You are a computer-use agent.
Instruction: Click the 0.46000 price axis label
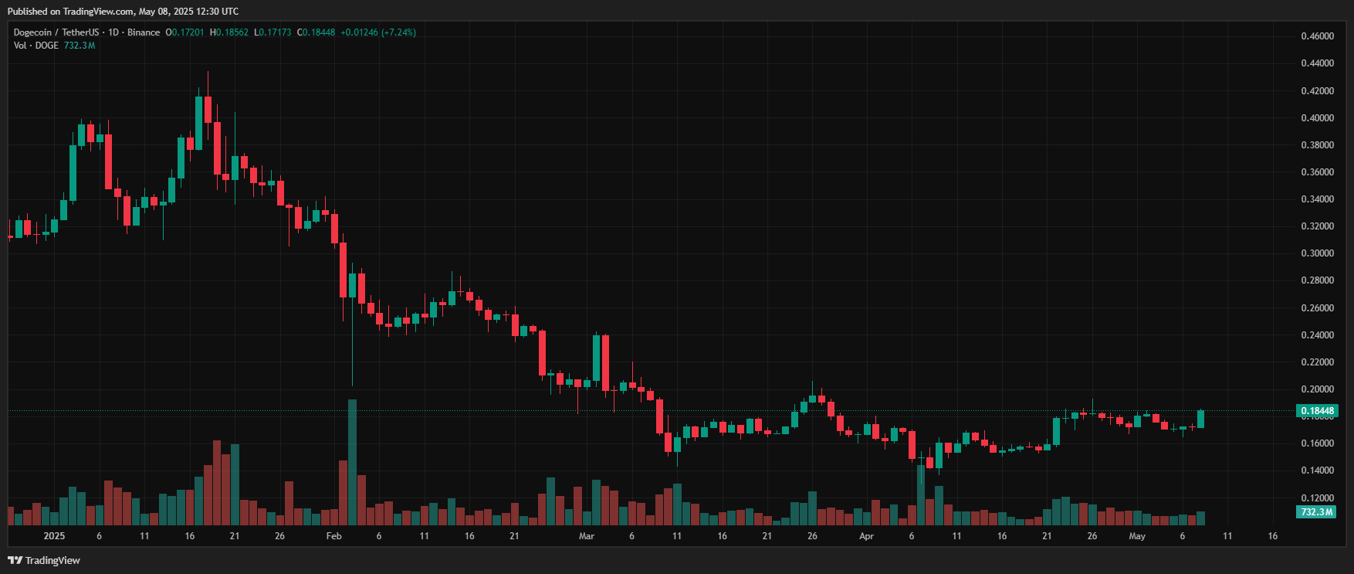pos(1317,36)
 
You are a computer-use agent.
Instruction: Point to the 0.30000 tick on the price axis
pos(1317,253)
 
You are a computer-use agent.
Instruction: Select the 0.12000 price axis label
pos(1317,498)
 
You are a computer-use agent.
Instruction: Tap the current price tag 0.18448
pos(1317,411)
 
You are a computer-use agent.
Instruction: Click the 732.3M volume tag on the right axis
pos(1317,512)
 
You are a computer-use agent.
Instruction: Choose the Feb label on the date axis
pos(333,536)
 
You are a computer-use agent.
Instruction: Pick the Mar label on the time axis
pos(587,536)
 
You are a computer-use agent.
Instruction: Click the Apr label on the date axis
pos(866,536)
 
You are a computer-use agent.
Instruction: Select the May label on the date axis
pos(1137,536)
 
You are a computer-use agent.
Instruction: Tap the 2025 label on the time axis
pos(54,536)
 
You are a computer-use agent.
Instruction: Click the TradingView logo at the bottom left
pos(44,560)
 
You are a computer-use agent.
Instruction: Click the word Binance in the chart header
pos(144,32)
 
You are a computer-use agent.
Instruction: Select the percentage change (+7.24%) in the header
pos(399,32)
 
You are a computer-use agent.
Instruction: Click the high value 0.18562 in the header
pos(232,32)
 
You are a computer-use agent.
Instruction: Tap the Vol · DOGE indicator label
pos(36,46)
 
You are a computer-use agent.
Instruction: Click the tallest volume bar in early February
pos(352,462)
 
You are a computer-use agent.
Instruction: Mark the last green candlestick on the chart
pos(1200,419)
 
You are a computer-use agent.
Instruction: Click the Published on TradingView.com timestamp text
pos(123,12)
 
